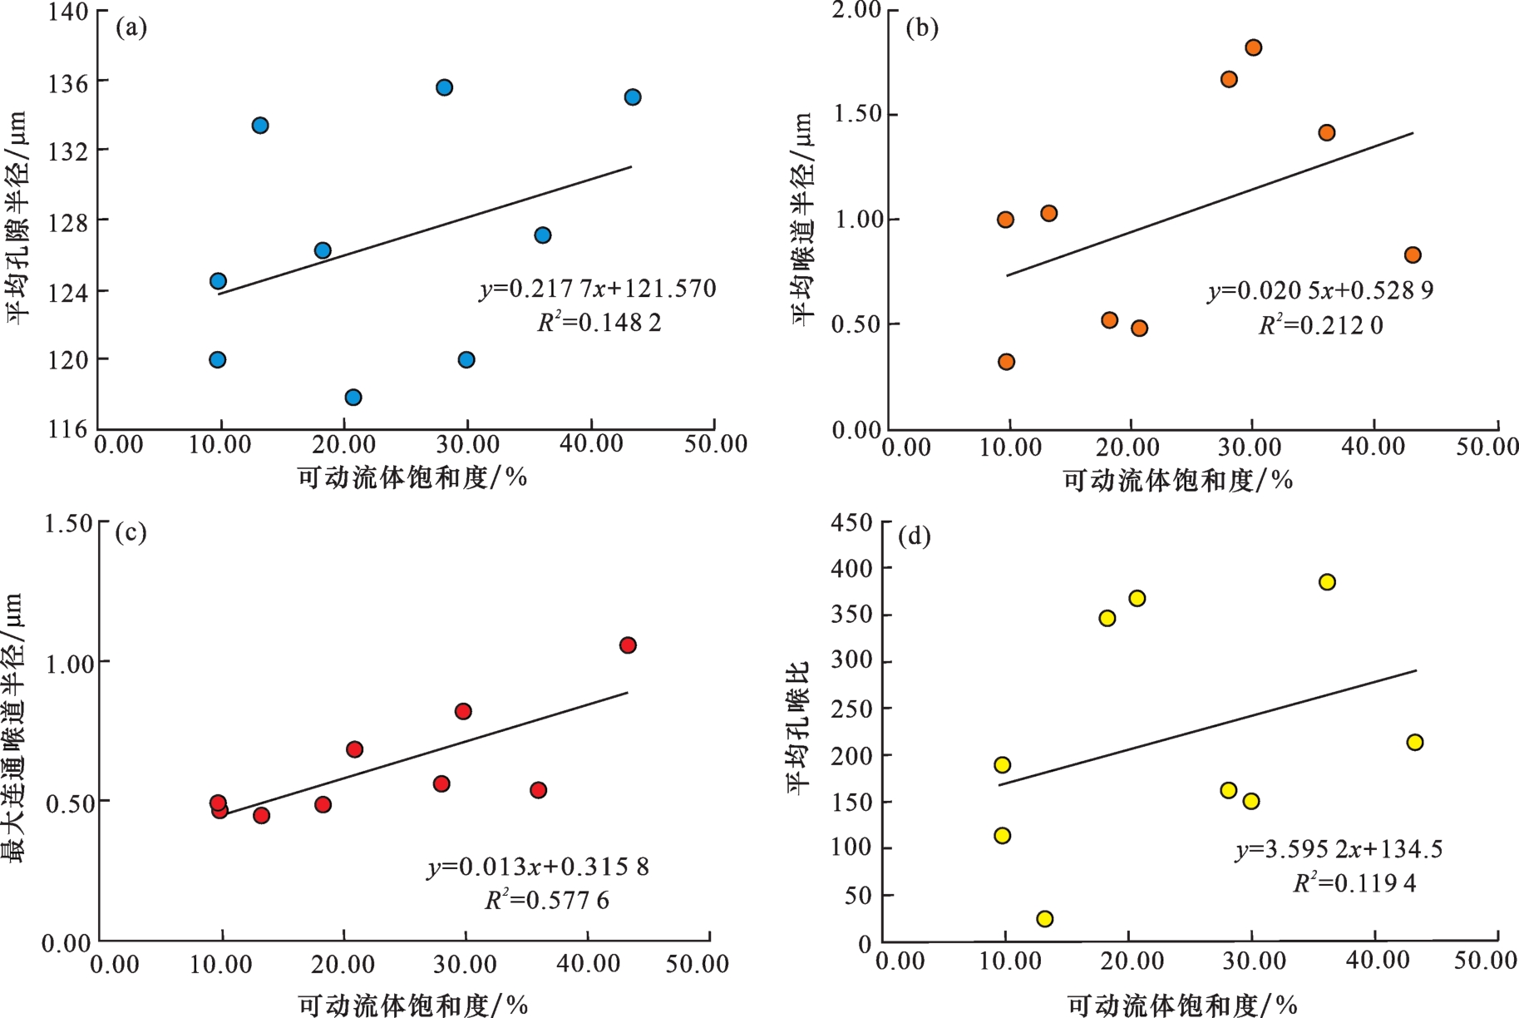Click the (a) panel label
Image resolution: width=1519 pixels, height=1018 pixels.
point(131,28)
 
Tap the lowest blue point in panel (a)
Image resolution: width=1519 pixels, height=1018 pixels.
point(353,398)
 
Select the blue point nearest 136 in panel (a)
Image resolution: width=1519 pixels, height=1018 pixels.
point(445,87)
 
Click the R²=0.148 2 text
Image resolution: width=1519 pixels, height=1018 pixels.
point(599,323)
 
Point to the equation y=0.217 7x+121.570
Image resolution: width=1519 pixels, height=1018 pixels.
point(598,289)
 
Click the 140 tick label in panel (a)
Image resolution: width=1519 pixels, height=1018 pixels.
point(67,12)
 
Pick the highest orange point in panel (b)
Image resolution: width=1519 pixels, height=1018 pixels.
point(1254,47)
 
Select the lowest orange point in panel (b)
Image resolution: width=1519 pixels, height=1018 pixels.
point(1007,362)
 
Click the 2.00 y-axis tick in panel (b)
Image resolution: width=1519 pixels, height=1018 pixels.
point(856,10)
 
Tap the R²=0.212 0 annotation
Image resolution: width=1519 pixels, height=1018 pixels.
point(1321,325)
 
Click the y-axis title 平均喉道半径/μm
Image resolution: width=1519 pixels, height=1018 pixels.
point(801,219)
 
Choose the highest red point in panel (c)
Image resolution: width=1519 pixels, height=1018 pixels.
point(628,645)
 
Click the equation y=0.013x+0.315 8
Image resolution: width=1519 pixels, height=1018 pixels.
point(538,867)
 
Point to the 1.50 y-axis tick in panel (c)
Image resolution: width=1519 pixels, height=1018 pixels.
point(68,524)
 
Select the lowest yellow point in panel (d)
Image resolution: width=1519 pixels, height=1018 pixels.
point(1045,919)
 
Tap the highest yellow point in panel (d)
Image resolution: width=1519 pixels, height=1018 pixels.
point(1327,582)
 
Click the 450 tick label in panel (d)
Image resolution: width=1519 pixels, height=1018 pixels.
point(852,523)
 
